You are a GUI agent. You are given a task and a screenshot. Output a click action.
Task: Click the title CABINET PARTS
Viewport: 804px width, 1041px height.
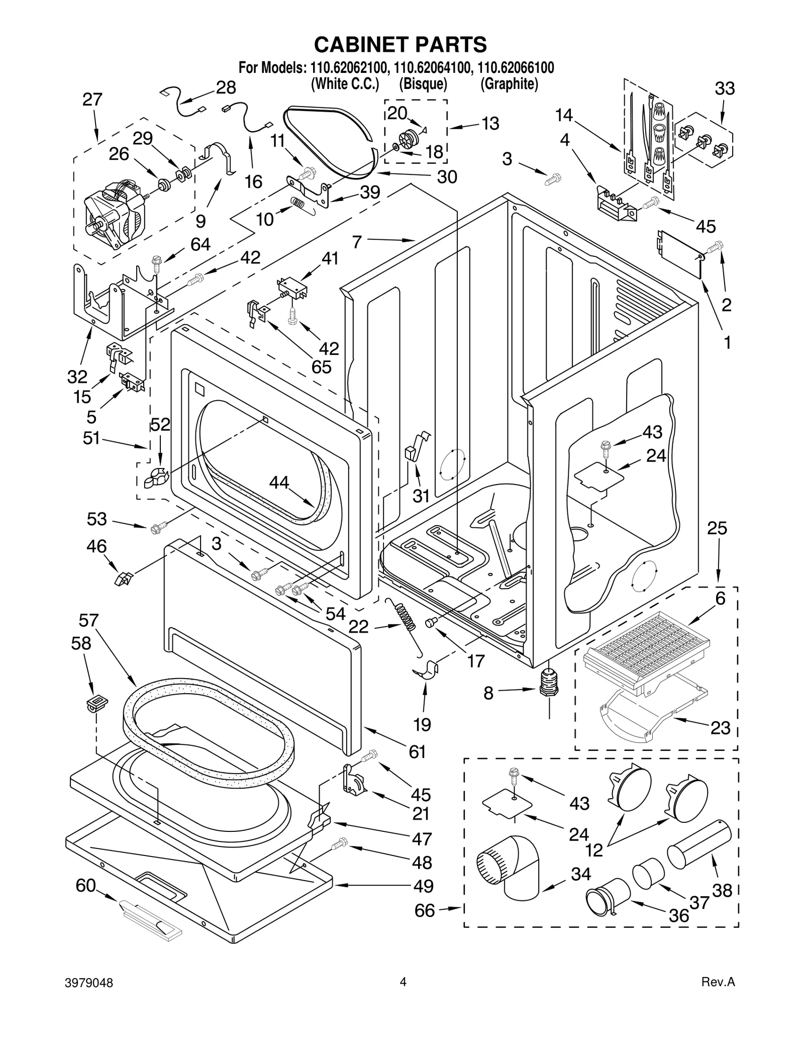[x=400, y=44]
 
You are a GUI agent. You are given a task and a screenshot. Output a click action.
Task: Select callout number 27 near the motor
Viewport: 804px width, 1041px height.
[x=92, y=100]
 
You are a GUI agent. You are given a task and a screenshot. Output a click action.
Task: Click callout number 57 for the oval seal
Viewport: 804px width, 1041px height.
[x=88, y=620]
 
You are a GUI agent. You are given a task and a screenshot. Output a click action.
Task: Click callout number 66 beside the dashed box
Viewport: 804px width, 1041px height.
[x=425, y=910]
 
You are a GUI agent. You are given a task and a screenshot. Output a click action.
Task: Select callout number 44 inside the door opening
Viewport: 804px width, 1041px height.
[x=279, y=483]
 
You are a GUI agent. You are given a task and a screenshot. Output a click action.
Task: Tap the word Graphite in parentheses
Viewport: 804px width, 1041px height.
[x=509, y=84]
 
